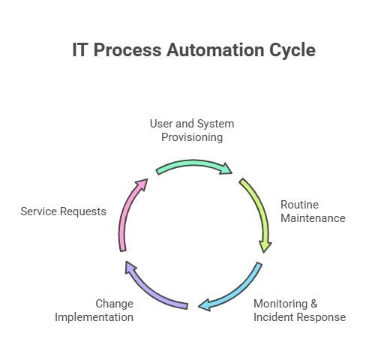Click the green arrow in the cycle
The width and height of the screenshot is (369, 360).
coord(193,163)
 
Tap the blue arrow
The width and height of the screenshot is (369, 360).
coord(238,292)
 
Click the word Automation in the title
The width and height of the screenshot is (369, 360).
coord(215,49)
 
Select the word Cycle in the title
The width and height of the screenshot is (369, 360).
coord(292,51)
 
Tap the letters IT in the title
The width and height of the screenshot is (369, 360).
coord(80,49)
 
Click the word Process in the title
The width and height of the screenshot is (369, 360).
coord(127,49)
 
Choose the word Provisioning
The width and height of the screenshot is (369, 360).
coord(192,137)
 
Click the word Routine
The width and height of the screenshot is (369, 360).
coord(299,205)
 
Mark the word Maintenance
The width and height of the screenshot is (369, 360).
coord(313,218)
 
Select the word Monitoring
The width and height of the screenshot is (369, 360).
coord(280,304)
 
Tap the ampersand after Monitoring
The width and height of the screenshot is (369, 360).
coord(314,304)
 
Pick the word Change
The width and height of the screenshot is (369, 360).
coord(115,304)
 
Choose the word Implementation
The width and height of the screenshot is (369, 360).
coord(94,317)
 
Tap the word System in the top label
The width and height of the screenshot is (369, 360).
coord(215,124)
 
